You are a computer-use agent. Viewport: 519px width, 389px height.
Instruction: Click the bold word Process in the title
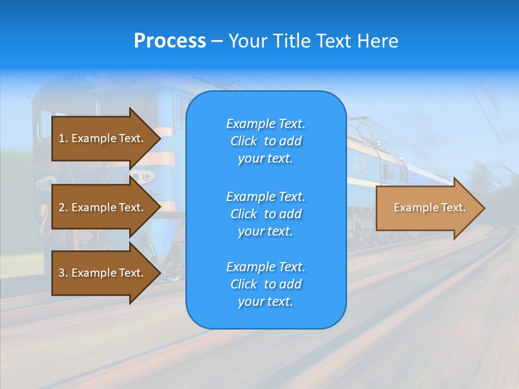(x=170, y=41)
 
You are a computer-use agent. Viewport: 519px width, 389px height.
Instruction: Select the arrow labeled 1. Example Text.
(x=103, y=138)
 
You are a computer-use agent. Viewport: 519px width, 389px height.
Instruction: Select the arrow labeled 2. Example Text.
(x=103, y=207)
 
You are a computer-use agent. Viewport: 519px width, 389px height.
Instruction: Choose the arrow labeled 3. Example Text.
(x=103, y=273)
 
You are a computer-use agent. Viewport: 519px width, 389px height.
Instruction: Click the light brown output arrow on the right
(x=427, y=208)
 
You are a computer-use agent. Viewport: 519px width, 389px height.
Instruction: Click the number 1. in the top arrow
(x=63, y=138)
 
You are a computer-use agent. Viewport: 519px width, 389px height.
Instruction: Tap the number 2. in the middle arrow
(x=63, y=207)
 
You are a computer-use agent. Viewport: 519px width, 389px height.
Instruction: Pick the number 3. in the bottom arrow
(x=63, y=273)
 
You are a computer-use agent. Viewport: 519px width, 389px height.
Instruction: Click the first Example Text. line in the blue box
(x=265, y=124)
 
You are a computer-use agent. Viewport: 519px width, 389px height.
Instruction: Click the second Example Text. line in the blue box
(x=265, y=196)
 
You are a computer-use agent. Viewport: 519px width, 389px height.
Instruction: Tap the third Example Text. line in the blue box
(x=265, y=267)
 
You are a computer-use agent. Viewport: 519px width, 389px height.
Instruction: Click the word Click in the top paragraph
(x=243, y=141)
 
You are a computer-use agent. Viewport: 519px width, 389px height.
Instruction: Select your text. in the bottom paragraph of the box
(x=265, y=301)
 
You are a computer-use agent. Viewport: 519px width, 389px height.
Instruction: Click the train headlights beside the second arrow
(x=142, y=177)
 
